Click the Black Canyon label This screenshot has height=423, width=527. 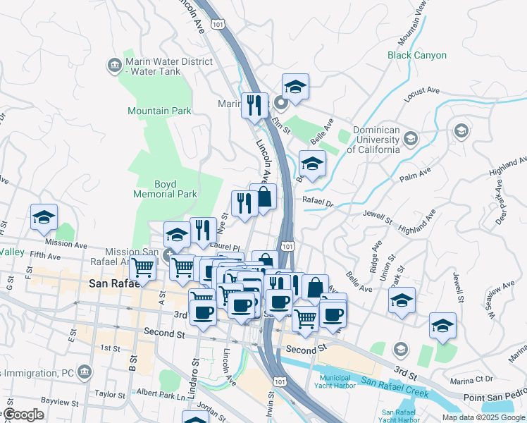tap(417, 55)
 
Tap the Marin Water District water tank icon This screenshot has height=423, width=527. tap(113, 66)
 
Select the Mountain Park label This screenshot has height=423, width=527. tap(159, 111)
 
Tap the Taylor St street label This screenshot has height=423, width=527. tap(109, 395)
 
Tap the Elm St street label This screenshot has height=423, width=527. tap(281, 124)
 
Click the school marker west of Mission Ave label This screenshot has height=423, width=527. tap(44, 218)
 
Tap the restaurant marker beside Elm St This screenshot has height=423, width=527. tap(254, 106)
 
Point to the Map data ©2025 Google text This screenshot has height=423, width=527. tap(483, 417)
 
